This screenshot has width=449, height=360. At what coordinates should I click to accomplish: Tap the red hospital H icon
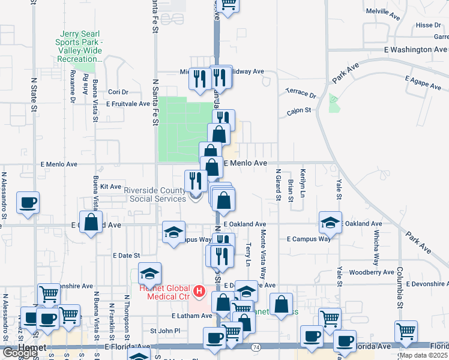click(199, 292)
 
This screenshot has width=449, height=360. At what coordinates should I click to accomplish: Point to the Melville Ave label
click(382, 11)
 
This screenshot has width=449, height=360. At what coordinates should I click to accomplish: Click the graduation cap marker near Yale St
click(330, 222)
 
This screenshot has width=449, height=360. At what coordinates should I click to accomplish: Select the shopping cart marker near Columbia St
click(406, 330)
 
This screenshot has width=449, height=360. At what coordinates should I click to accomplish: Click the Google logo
click(19, 353)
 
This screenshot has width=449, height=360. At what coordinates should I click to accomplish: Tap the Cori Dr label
click(118, 92)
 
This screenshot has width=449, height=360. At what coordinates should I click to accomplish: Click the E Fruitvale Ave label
click(128, 104)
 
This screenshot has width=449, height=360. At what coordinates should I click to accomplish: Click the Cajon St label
click(298, 110)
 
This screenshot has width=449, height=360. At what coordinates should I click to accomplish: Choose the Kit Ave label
click(111, 187)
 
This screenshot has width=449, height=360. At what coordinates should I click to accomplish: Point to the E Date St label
click(127, 255)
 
